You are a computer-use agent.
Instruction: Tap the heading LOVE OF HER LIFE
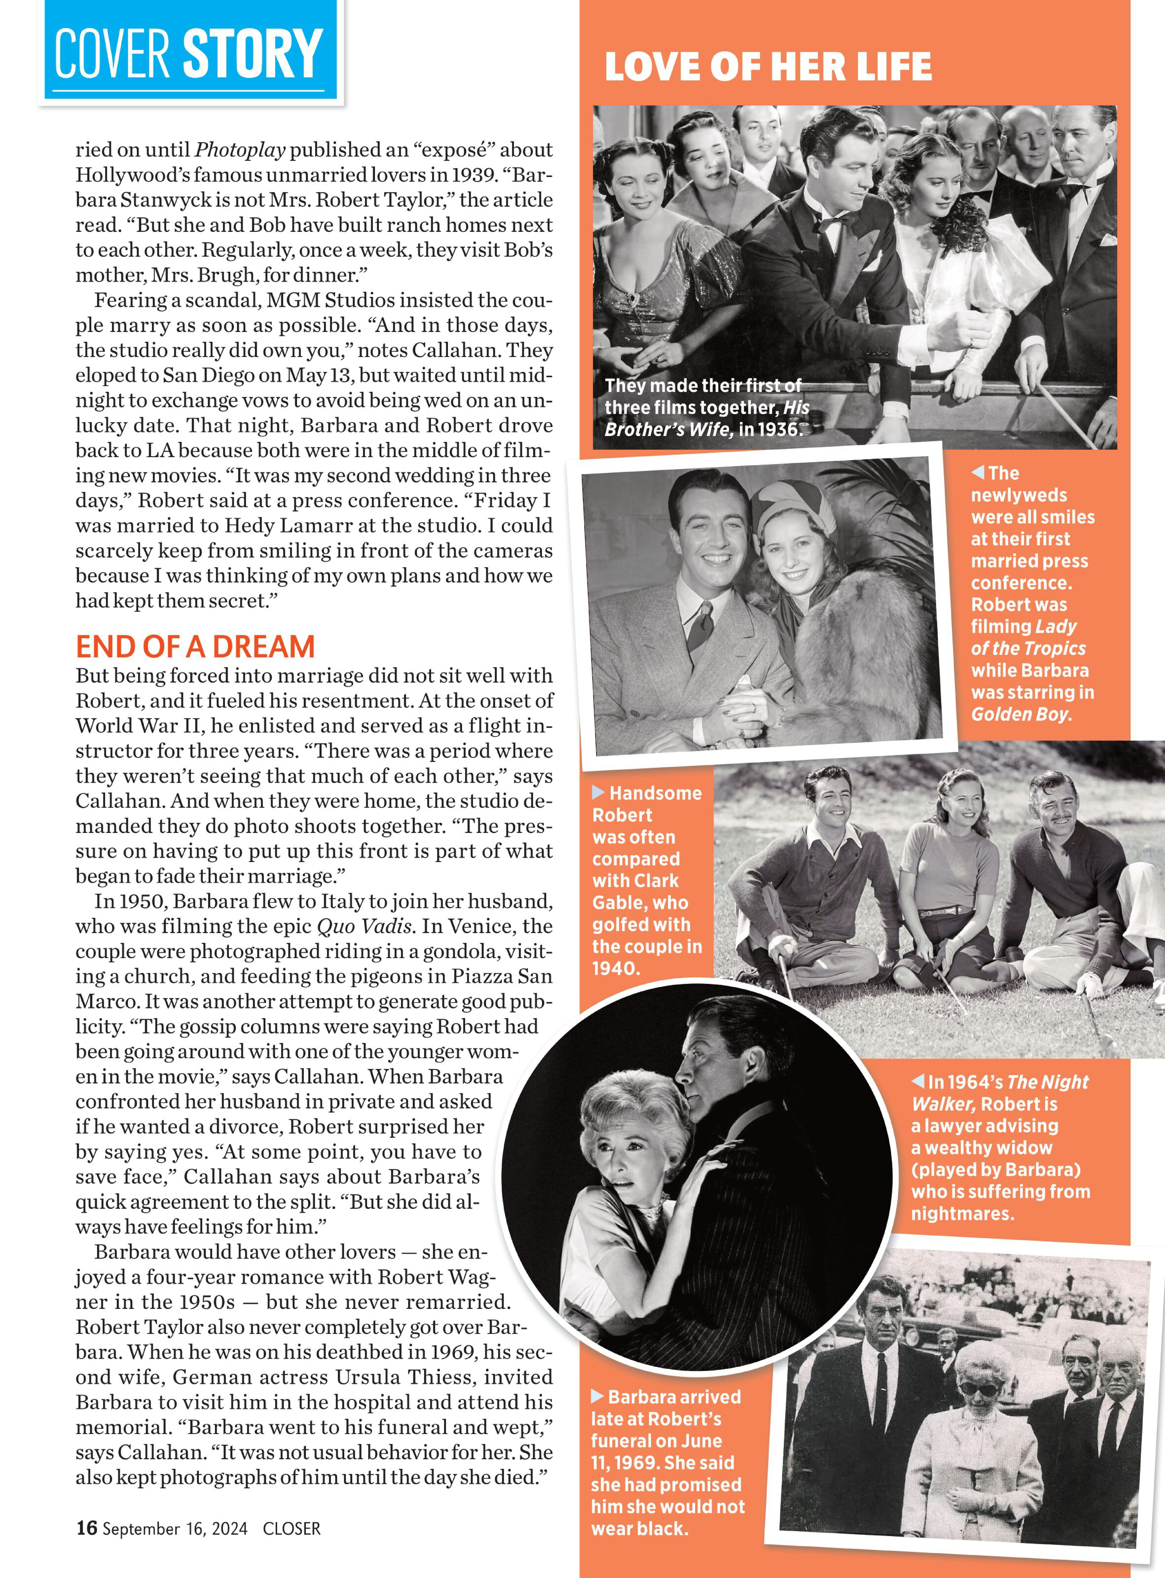(x=768, y=67)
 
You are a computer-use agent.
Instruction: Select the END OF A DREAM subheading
(x=195, y=647)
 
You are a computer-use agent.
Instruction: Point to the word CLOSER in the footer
(x=291, y=1529)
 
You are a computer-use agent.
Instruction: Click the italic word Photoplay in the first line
(x=240, y=149)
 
